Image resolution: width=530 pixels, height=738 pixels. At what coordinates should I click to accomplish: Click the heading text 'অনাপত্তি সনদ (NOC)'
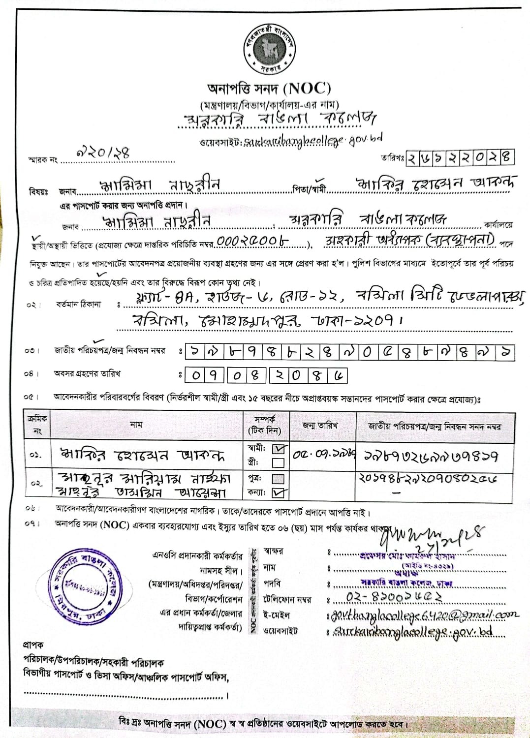pyautogui.click(x=269, y=89)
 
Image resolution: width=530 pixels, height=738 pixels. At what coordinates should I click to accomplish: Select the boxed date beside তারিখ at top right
pyautogui.click(x=460, y=157)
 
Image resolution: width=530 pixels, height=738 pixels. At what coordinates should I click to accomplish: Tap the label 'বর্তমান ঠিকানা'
pyautogui.click(x=78, y=305)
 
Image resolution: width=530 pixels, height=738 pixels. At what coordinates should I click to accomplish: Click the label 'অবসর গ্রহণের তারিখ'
pyautogui.click(x=87, y=374)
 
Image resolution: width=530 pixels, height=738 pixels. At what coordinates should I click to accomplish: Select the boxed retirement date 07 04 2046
pyautogui.click(x=266, y=376)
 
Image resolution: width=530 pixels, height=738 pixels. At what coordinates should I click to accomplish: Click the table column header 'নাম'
pyautogui.click(x=136, y=425)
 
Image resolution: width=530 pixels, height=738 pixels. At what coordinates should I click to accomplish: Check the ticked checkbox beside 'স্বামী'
pyautogui.click(x=279, y=449)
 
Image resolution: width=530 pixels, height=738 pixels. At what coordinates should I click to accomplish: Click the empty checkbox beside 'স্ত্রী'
pyautogui.click(x=278, y=462)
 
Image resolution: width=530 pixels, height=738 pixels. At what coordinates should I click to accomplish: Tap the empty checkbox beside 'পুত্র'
pyautogui.click(x=278, y=479)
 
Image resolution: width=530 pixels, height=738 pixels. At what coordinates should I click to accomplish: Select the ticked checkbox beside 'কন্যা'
pyautogui.click(x=279, y=492)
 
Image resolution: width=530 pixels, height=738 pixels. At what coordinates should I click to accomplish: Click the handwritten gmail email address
pyautogui.click(x=423, y=615)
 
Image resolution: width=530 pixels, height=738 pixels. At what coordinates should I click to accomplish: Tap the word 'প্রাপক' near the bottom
pyautogui.click(x=33, y=645)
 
